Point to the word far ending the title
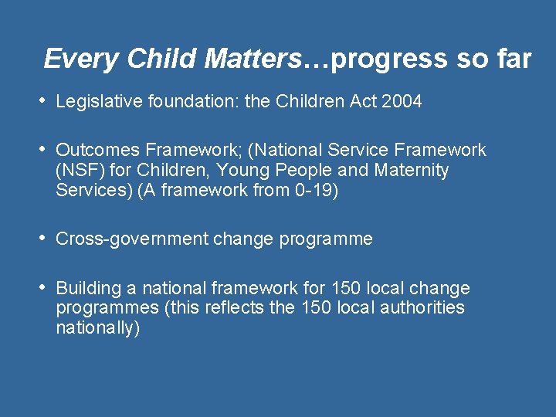(512, 59)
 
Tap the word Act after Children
(361, 102)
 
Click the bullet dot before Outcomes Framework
(44, 150)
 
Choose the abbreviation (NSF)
(78, 170)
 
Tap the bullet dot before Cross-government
(44, 239)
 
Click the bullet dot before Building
(44, 288)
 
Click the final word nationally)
(98, 328)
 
